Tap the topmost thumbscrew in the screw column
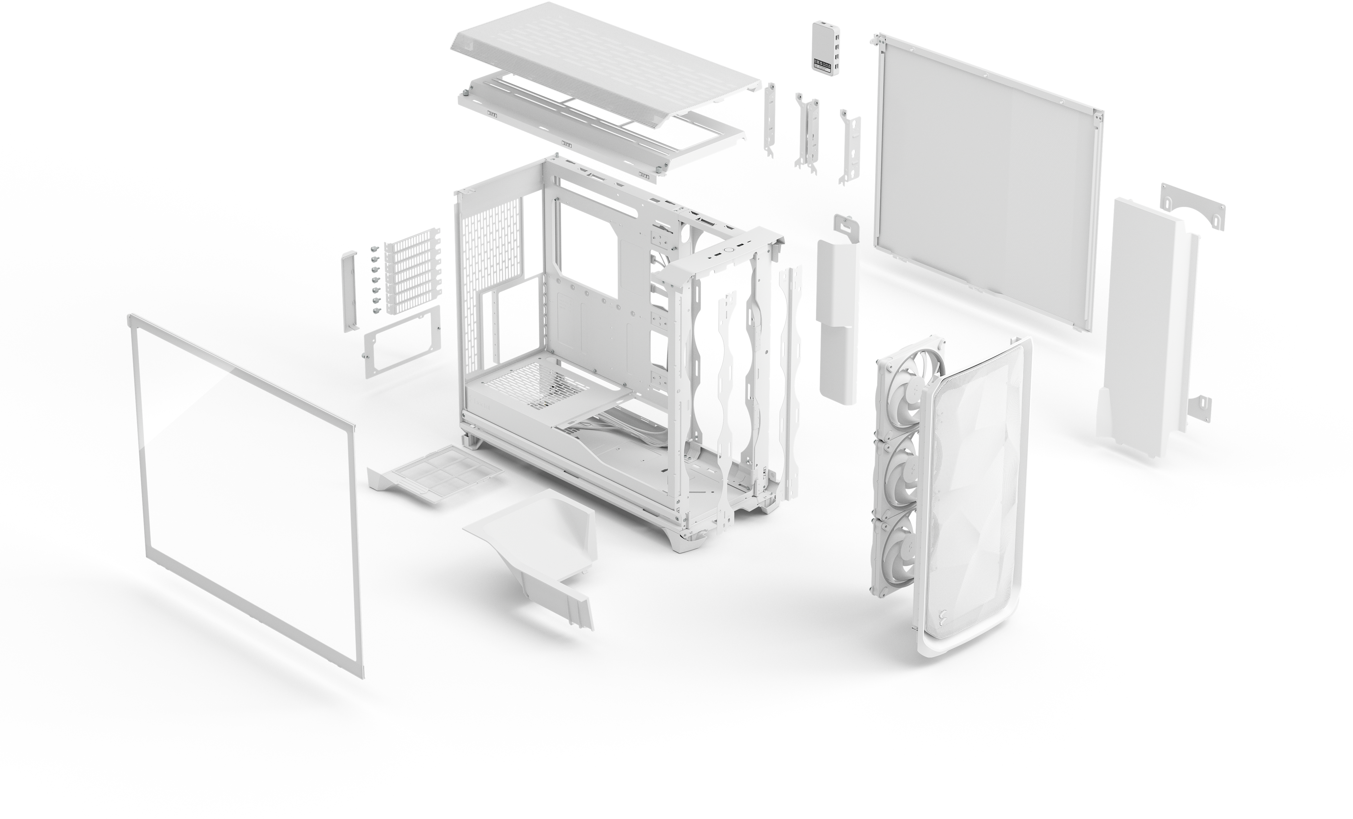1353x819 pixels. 374,248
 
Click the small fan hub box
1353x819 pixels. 824,47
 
